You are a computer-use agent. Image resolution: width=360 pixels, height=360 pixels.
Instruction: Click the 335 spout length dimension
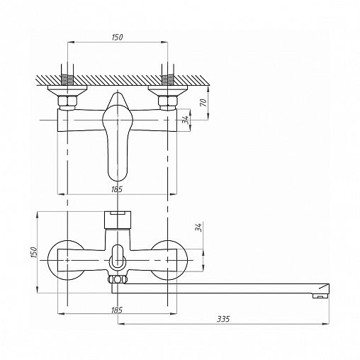tap(223, 319)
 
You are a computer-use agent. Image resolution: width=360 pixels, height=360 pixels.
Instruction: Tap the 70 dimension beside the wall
tap(203, 103)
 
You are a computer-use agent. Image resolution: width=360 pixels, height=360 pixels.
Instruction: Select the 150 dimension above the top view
tap(117, 37)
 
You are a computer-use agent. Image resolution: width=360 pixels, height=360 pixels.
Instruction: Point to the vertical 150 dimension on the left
tap(34, 252)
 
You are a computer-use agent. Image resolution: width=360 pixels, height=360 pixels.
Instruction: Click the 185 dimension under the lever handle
tap(117, 189)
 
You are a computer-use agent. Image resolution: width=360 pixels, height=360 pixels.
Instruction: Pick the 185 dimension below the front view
tap(117, 310)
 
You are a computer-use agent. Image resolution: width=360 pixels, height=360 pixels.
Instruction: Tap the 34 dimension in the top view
tap(186, 120)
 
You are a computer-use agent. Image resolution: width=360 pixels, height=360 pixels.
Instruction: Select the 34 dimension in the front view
tap(198, 227)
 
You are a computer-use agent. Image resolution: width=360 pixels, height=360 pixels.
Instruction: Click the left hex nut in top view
tap(67, 101)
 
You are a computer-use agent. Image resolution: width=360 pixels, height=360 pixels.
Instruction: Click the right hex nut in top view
tap(167, 101)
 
